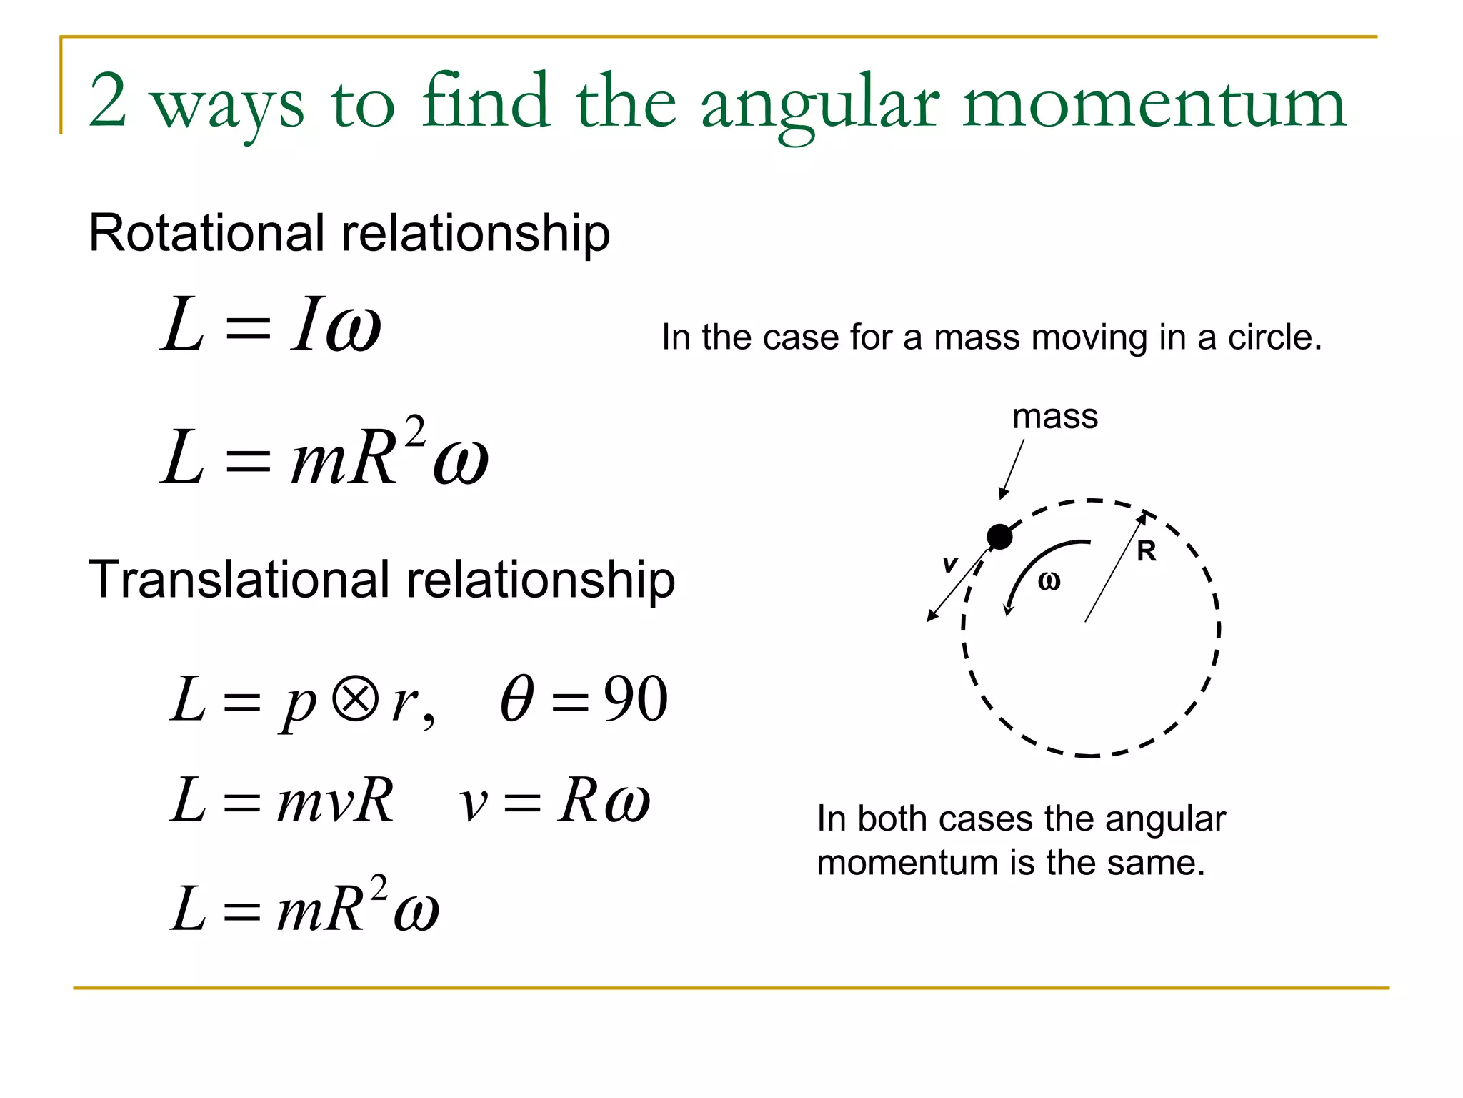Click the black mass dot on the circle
coord(999,536)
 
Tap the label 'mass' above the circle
coord(1054,417)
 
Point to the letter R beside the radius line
coord(1146,551)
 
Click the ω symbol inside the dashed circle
coord(1049,581)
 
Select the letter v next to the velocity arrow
coord(949,564)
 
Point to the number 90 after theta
coord(635,699)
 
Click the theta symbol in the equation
coord(516,699)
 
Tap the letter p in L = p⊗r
coord(298,704)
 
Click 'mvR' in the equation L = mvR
coord(335,801)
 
